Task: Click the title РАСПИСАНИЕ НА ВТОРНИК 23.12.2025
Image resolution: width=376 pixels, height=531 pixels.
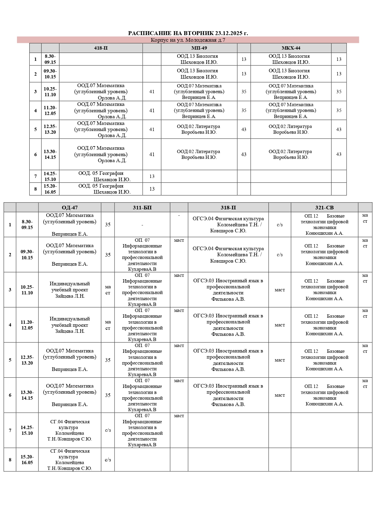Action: point(188,33)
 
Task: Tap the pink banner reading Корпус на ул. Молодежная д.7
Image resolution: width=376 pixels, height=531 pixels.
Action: point(188,40)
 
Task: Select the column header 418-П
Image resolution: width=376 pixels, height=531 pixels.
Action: point(101,48)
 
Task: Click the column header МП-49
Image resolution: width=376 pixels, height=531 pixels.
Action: point(199,48)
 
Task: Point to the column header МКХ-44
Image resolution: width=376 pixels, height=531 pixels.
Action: point(291,48)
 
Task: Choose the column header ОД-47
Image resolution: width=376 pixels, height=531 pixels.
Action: point(70,208)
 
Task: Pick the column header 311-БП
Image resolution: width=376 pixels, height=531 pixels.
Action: point(142,208)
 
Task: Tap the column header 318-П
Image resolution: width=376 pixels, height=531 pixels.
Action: point(228,208)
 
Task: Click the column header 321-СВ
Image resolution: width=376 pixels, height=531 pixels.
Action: point(324,208)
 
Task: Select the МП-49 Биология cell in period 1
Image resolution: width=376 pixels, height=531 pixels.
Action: point(199,59)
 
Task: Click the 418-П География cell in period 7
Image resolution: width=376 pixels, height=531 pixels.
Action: point(101,176)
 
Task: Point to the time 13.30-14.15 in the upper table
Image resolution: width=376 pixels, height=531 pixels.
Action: point(50,154)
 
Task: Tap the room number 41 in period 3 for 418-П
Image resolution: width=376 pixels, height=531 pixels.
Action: point(152,92)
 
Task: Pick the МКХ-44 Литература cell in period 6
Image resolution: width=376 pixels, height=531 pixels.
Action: point(291,154)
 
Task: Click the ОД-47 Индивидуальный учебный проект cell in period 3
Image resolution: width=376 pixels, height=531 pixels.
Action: point(70,290)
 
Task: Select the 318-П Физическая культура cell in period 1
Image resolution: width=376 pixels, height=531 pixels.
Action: point(228,225)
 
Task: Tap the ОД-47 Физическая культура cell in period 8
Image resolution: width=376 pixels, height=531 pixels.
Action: point(70,460)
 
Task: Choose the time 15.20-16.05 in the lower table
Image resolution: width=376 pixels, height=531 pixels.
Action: point(27,460)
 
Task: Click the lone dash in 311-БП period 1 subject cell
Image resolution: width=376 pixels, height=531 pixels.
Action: point(142,225)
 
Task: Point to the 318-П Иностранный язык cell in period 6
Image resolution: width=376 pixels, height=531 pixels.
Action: point(228,395)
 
